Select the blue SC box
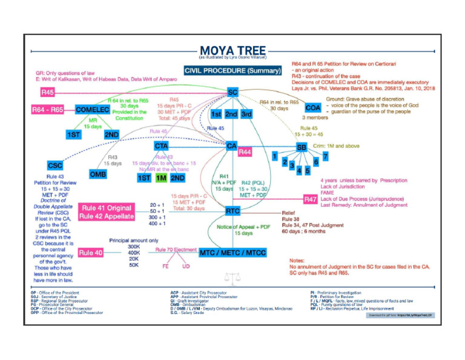click(x=232, y=92)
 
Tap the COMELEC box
click(x=92, y=110)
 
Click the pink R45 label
click(x=48, y=93)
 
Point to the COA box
click(x=312, y=107)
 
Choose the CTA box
click(x=160, y=145)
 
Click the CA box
click(x=232, y=146)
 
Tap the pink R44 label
click(x=245, y=153)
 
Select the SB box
click(x=301, y=147)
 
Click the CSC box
click(x=54, y=165)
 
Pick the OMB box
click(x=98, y=175)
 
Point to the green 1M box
click(x=160, y=178)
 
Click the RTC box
click(x=232, y=211)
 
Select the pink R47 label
click(x=310, y=199)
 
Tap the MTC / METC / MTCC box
click(x=232, y=252)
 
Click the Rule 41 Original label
click(x=105, y=207)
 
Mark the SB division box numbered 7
click(x=325, y=157)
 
